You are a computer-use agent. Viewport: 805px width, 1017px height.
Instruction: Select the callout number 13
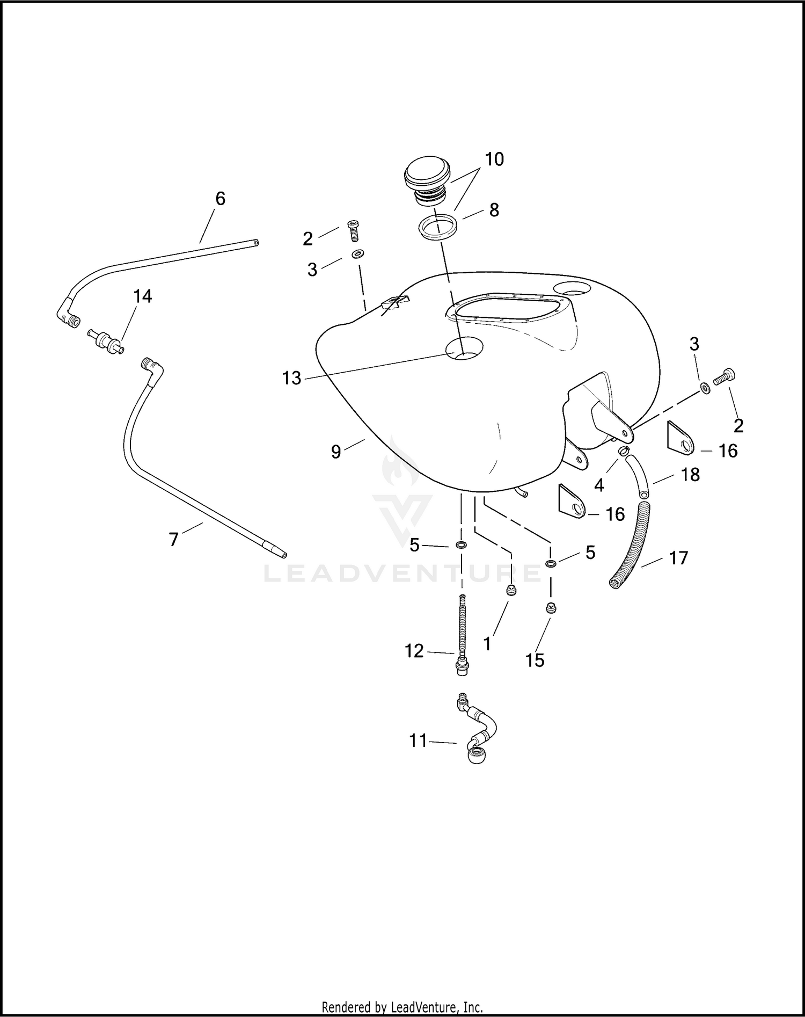[292, 378]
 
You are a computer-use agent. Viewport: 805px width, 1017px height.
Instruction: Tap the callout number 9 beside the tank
[336, 452]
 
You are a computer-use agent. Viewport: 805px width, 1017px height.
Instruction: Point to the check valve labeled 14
[105, 342]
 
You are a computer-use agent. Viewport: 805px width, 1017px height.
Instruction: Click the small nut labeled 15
[551, 608]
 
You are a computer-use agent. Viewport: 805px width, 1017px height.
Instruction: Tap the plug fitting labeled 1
[511, 591]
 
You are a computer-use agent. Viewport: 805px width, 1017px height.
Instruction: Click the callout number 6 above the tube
[220, 199]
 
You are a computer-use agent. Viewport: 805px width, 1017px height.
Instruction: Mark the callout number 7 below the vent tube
[173, 539]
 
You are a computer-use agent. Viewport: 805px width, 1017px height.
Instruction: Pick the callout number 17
[678, 558]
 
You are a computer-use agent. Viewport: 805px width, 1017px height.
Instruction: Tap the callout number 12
[414, 651]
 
